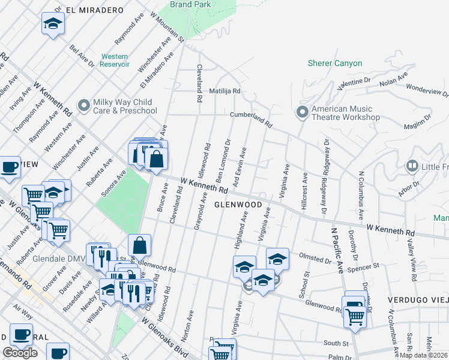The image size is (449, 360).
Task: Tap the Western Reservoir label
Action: point(115,61)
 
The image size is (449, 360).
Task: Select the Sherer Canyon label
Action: point(335,63)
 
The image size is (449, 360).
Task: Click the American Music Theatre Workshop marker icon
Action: point(302,112)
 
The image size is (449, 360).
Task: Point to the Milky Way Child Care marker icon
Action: point(83,106)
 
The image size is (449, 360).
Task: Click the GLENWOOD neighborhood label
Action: point(238,205)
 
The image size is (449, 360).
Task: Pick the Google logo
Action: point(20,353)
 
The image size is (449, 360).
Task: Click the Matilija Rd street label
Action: point(224,91)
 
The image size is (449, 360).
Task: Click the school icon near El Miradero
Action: point(53,24)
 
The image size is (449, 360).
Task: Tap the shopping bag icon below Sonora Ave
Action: point(139,245)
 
